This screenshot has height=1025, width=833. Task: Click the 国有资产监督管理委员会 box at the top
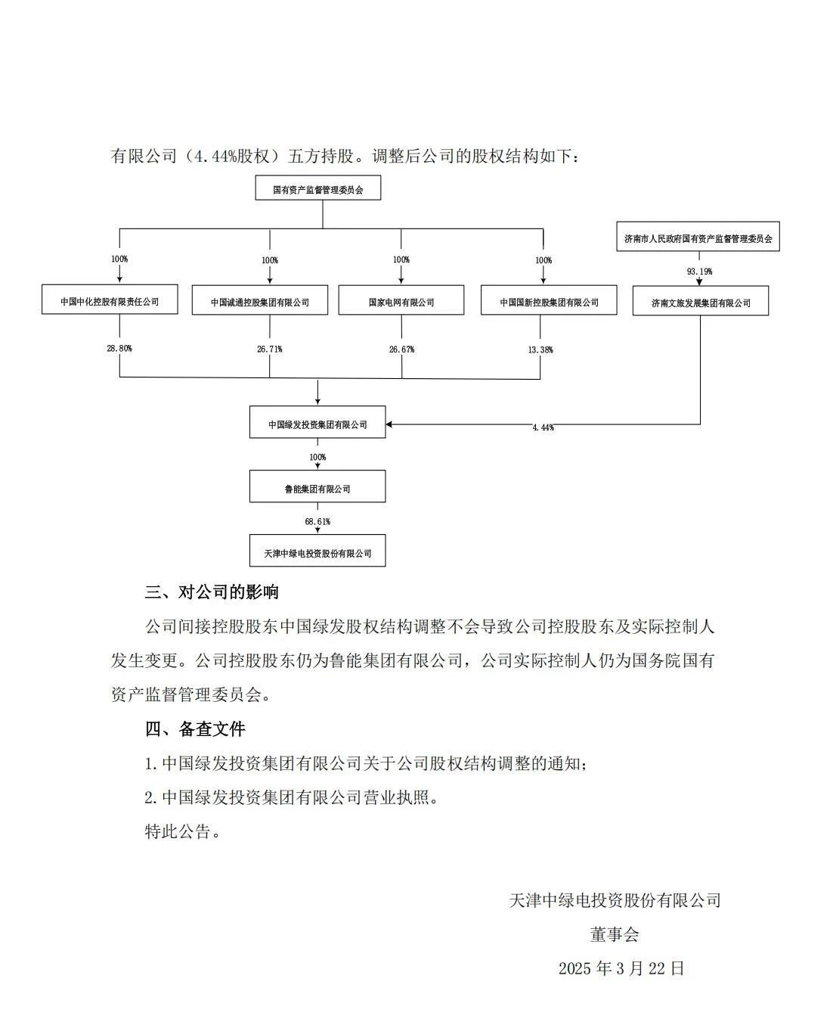pos(317,189)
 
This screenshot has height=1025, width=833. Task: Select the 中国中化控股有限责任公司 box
pos(110,301)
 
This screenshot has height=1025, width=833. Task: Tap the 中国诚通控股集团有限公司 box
pos(260,302)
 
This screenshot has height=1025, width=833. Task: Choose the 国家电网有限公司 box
pos(401,302)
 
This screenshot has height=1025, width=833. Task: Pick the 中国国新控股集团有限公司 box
pos(548,302)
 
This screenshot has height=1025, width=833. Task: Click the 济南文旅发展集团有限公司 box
pos(700,303)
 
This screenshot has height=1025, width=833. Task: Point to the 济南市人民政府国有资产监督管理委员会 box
pos(698,238)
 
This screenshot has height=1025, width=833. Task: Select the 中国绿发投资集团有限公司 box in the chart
pos(317,424)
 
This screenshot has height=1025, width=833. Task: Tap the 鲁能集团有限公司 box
pos(317,489)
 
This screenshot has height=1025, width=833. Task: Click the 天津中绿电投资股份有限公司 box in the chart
pos(317,553)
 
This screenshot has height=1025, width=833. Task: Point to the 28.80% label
pos(119,349)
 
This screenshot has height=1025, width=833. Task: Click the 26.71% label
pos(270,349)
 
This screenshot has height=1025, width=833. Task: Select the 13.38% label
pos(541,349)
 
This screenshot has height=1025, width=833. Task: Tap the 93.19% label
pos(699,271)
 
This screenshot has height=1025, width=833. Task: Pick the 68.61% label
pos(317,522)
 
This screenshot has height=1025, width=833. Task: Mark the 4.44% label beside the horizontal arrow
pos(543,428)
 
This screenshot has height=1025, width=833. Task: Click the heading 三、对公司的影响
pos(212,592)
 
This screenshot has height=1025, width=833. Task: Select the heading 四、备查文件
pos(195,729)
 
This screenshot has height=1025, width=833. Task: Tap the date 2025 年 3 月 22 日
pos(621,968)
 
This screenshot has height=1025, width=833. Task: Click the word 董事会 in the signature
pos(615,934)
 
